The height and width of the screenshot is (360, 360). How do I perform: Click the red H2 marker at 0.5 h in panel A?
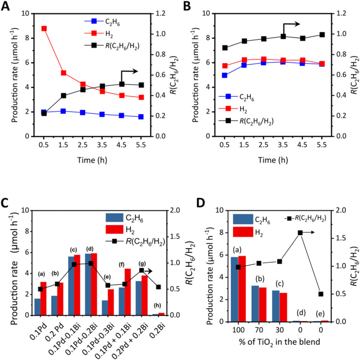pos(44,28)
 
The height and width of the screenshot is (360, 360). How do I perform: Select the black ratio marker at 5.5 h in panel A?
pos(141,85)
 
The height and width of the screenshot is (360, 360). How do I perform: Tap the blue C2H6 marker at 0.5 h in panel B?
pos(224,75)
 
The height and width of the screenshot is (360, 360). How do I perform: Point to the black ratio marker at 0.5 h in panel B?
pos(225,48)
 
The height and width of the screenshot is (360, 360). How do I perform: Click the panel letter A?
pos(5,6)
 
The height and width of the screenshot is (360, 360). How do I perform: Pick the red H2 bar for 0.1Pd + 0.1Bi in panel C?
pos(128,292)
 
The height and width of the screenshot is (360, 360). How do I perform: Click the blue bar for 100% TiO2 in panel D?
pos(235,290)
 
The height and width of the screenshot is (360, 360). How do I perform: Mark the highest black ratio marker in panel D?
pos(300,233)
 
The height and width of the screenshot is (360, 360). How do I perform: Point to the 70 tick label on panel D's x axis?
pos(259,330)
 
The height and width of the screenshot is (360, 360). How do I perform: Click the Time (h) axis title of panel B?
pos(273,160)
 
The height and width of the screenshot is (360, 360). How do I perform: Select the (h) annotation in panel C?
pos(157,305)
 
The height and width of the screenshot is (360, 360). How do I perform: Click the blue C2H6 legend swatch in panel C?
pos(114,217)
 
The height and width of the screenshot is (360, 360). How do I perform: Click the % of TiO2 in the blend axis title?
pos(279,342)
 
